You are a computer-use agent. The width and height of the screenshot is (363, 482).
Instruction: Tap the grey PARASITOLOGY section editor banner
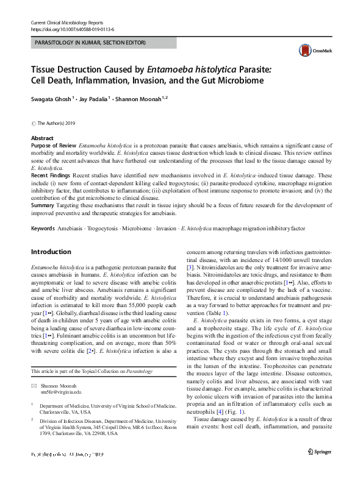click(103, 43)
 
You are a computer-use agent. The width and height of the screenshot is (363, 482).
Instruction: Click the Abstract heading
click(42, 139)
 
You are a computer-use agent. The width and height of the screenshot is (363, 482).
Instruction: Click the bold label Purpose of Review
click(53, 146)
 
